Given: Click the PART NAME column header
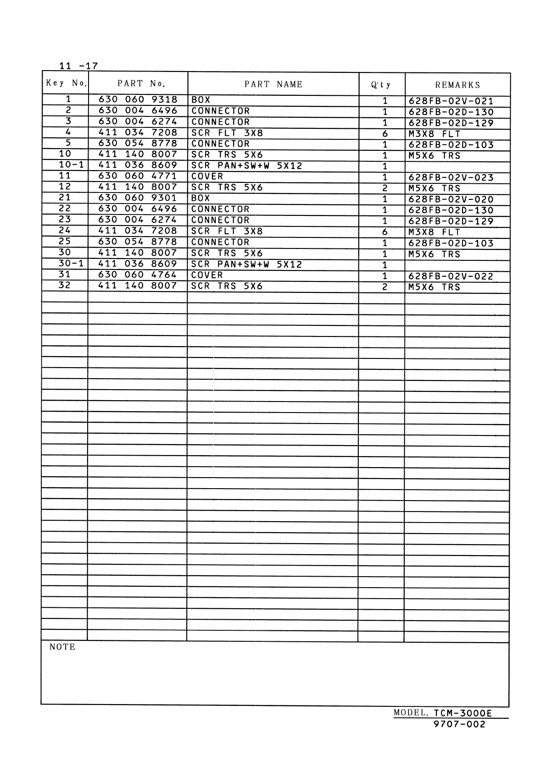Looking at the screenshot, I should point(273,84).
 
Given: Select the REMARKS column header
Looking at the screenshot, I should point(457,85).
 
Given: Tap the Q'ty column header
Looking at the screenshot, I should point(381,85).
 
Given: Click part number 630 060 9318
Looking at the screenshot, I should point(138,99).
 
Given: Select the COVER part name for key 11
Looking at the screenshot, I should point(207,176).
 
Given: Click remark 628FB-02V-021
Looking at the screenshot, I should point(451,101).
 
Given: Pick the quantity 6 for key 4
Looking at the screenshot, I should point(385,134).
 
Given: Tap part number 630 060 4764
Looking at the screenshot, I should point(138,275).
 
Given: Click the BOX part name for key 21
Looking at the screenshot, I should point(201,198).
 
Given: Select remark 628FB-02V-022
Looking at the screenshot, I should point(451,276).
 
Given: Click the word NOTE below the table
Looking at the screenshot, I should point(62,647).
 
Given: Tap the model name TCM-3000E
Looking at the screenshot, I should point(462,714).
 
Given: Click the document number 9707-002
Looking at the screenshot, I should point(459,725).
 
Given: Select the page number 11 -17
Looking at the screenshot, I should point(78,66).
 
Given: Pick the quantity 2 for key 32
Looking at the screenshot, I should point(385,287).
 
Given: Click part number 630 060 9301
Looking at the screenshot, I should point(138,198).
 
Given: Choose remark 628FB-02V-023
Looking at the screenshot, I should point(451,178).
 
